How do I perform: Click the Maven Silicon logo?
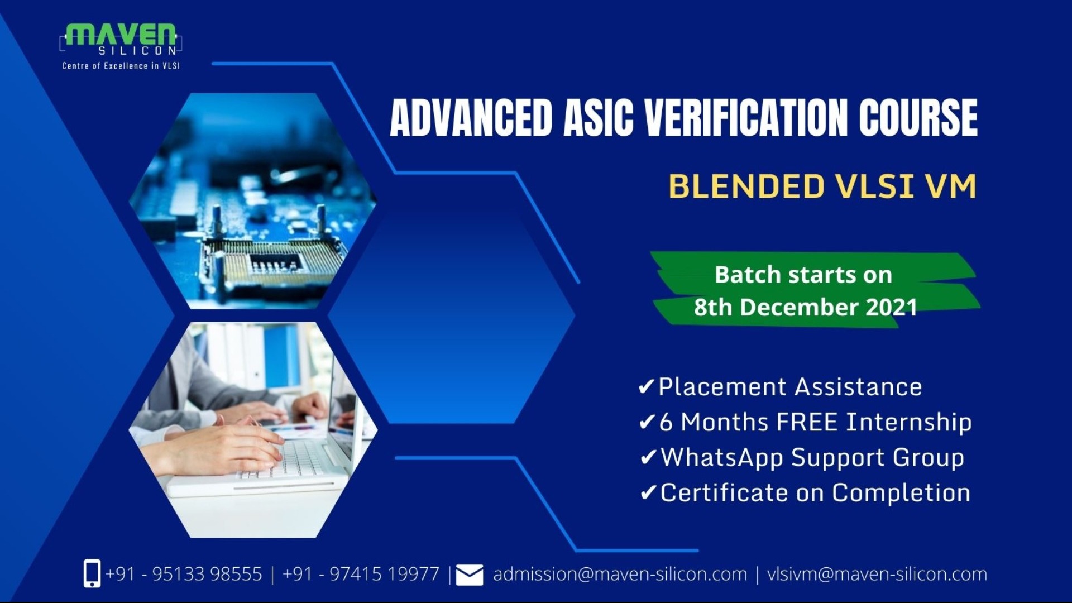tap(121, 39)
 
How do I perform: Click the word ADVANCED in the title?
tap(471, 118)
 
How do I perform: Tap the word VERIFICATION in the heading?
tap(746, 118)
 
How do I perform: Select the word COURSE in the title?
tap(918, 118)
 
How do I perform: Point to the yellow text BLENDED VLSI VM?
tap(822, 186)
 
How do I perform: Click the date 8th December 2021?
tap(805, 308)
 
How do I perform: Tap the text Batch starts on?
tap(803, 275)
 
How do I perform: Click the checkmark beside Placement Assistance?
tap(646, 387)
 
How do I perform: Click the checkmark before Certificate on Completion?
tap(648, 493)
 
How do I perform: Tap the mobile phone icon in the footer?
tap(92, 573)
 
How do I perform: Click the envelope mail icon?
tap(470, 575)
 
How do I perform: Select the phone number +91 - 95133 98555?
tap(184, 574)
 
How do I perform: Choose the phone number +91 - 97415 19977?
tap(361, 574)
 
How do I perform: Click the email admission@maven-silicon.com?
tap(620, 574)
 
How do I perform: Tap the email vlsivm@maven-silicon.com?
tap(877, 574)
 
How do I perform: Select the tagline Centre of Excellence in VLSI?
tap(121, 66)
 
